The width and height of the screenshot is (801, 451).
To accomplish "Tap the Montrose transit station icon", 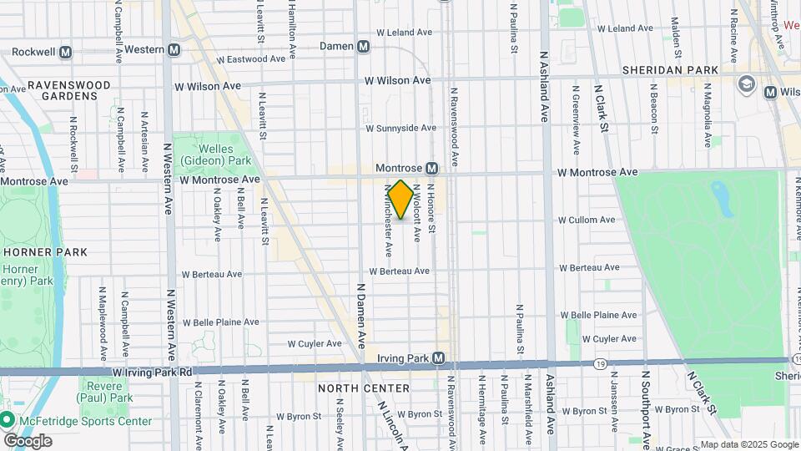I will [432, 169].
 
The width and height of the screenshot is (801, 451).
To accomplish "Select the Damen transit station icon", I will [363, 47].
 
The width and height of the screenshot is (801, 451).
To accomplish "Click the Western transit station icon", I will [174, 49].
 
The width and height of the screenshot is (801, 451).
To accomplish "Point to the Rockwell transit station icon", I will [65, 52].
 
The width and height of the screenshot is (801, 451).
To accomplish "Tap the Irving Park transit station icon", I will [438, 358].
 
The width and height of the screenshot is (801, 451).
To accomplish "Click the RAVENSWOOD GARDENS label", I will [63, 90].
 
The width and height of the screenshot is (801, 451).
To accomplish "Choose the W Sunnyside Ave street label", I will [400, 128].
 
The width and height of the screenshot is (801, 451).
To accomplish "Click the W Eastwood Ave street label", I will [251, 60].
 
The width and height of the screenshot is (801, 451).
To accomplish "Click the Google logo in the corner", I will [28, 440].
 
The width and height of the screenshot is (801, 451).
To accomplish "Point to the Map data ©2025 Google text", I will [749, 444].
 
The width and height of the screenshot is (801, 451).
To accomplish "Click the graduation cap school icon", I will [746, 84].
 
